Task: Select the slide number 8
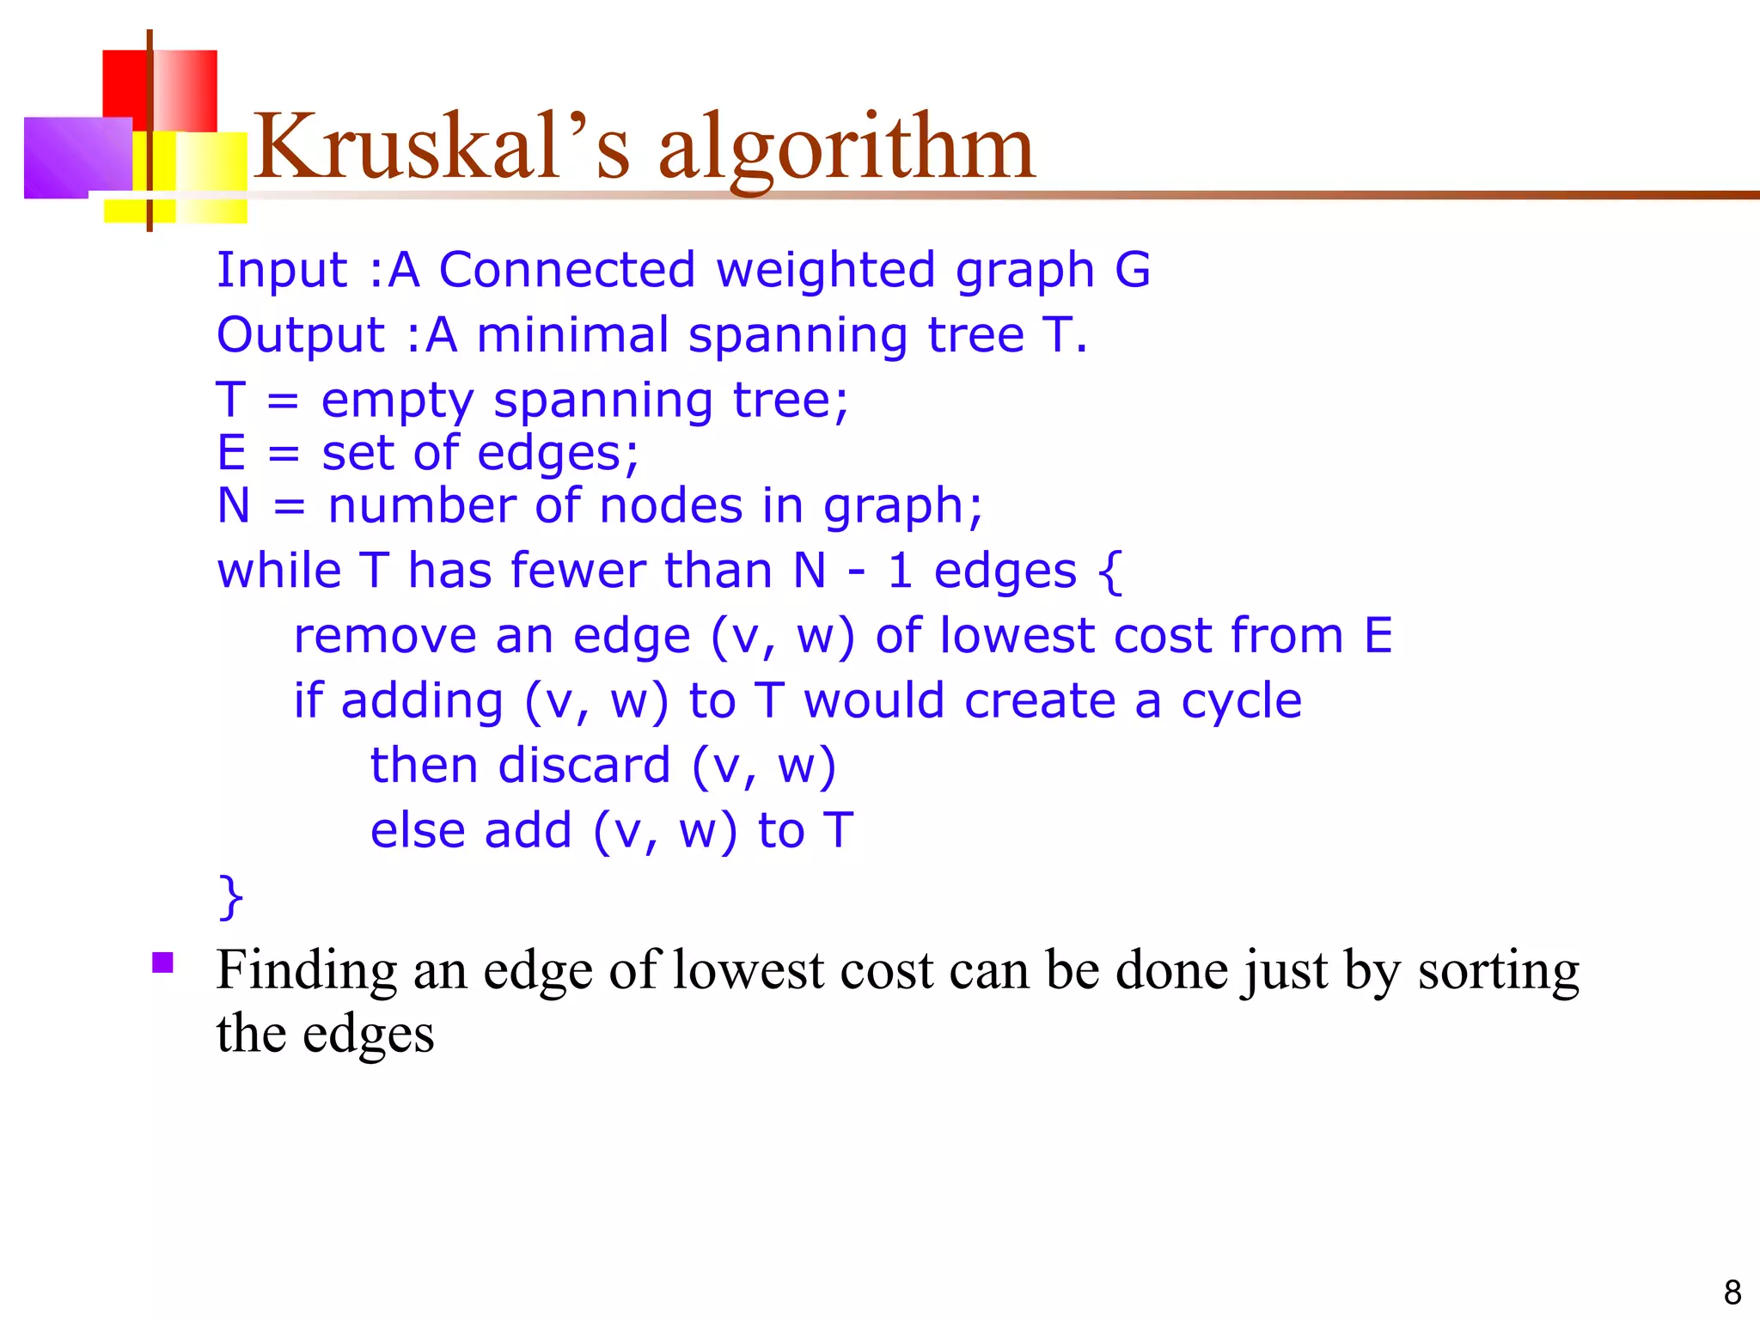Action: (x=1732, y=1292)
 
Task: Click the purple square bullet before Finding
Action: (x=162, y=962)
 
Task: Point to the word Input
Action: (x=282, y=270)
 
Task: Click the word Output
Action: (x=301, y=335)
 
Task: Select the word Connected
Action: (x=566, y=270)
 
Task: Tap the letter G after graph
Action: (x=1132, y=270)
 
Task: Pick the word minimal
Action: (x=572, y=335)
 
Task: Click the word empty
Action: (x=397, y=401)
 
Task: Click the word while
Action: (x=279, y=571)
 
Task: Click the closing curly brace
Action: (x=231, y=897)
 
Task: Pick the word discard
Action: (x=584, y=766)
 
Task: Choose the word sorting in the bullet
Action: (x=1498, y=971)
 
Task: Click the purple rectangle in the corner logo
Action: (x=77, y=156)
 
